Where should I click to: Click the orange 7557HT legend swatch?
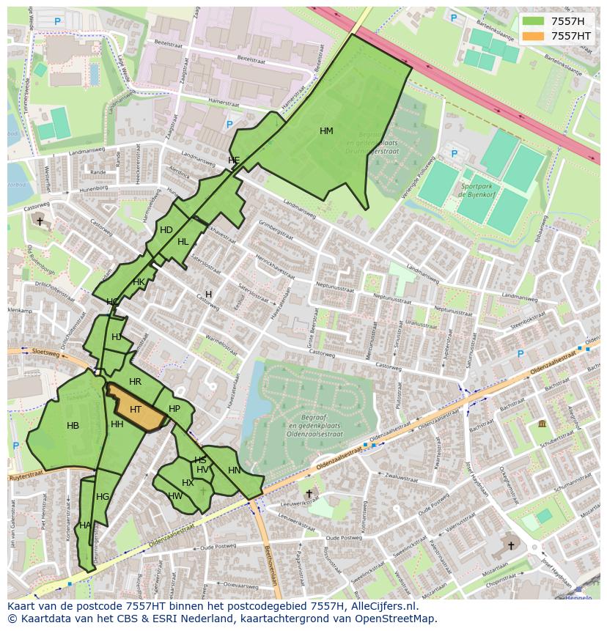click(x=534, y=36)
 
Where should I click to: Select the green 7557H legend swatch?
click(x=534, y=21)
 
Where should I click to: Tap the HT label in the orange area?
click(x=135, y=410)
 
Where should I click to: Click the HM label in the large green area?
click(x=326, y=131)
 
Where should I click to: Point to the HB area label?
click(x=73, y=426)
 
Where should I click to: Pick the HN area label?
click(x=234, y=471)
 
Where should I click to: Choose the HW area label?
click(x=175, y=496)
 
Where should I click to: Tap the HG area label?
click(x=103, y=497)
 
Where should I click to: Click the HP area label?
click(x=174, y=409)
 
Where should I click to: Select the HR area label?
click(x=135, y=382)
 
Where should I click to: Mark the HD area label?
click(x=166, y=230)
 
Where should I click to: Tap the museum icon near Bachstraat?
click(x=542, y=424)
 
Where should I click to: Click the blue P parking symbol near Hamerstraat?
click(x=229, y=125)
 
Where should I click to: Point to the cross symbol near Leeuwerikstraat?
click(x=309, y=494)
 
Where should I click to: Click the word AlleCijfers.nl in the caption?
click(x=384, y=606)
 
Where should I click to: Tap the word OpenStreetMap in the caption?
click(x=396, y=619)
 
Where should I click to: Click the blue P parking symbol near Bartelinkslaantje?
click(x=454, y=18)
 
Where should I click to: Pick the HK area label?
click(x=139, y=282)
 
